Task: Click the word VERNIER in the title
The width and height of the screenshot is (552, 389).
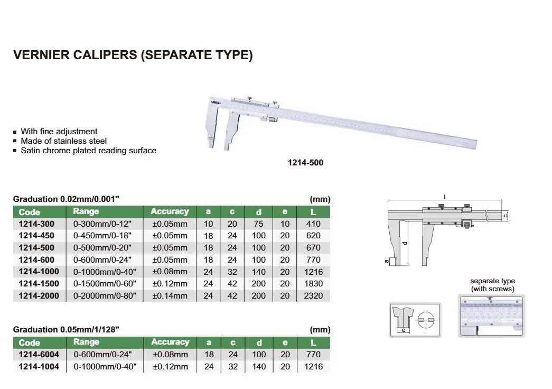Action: (x=42, y=55)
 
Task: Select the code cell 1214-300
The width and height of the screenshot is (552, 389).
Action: (x=36, y=224)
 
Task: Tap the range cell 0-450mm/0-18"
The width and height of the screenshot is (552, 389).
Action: (x=102, y=236)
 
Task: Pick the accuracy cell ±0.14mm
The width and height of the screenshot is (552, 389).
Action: (x=170, y=295)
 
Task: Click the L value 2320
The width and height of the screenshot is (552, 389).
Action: (x=313, y=295)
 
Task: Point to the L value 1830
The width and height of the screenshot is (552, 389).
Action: (x=313, y=284)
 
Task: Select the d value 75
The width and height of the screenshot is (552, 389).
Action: (x=258, y=224)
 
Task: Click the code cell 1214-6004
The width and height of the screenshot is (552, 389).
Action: (x=39, y=355)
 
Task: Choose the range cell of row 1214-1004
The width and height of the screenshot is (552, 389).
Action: (x=105, y=366)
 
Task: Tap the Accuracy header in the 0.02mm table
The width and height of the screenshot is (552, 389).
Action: (x=170, y=211)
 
